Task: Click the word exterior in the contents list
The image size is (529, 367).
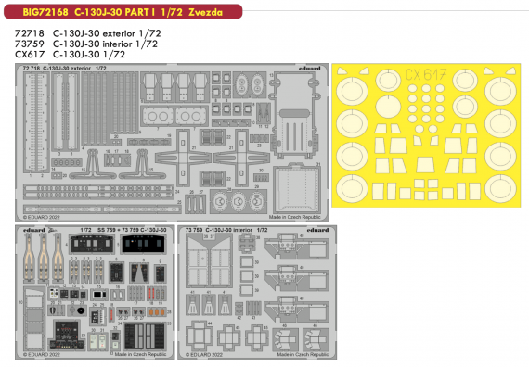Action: [x=125, y=32]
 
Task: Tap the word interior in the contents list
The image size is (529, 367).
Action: [x=124, y=43]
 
